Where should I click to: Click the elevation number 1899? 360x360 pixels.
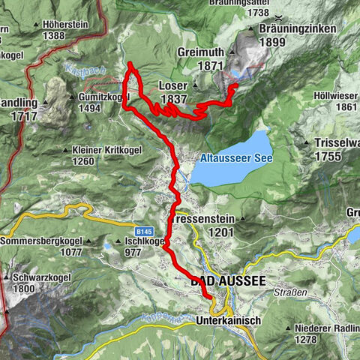pos(298,43)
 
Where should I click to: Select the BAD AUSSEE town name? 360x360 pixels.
pos(228,280)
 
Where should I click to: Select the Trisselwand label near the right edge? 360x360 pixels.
pos(336,144)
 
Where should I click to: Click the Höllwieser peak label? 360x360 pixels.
pos(336,95)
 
